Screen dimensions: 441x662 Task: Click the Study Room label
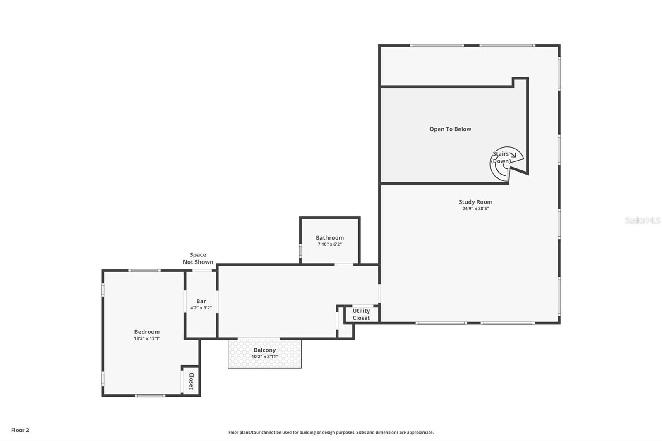coord(475,202)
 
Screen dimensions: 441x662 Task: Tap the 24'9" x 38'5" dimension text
coord(475,209)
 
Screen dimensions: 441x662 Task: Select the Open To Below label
coord(450,129)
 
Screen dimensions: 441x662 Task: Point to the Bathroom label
coord(329,237)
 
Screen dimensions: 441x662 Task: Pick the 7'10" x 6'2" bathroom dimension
coord(329,244)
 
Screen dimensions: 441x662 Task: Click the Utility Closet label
coord(361,314)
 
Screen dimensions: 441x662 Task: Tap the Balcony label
coord(264,350)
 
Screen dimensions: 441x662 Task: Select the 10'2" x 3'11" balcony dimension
coord(264,357)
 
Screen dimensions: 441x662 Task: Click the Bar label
coord(201,301)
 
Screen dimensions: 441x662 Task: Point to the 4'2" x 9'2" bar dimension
coord(201,308)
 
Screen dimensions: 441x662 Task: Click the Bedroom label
coord(147,331)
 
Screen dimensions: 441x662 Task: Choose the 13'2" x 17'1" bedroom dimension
coord(147,338)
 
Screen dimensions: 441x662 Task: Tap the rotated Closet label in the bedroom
coord(191,381)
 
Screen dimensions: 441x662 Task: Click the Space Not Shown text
coord(198,258)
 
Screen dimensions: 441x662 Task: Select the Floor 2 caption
coord(20,430)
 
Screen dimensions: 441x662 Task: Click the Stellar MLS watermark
coord(642,220)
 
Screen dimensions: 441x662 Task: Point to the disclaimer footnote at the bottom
coord(331,432)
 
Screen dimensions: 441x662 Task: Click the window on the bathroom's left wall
coord(300,251)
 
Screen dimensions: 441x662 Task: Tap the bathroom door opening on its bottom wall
coord(343,264)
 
